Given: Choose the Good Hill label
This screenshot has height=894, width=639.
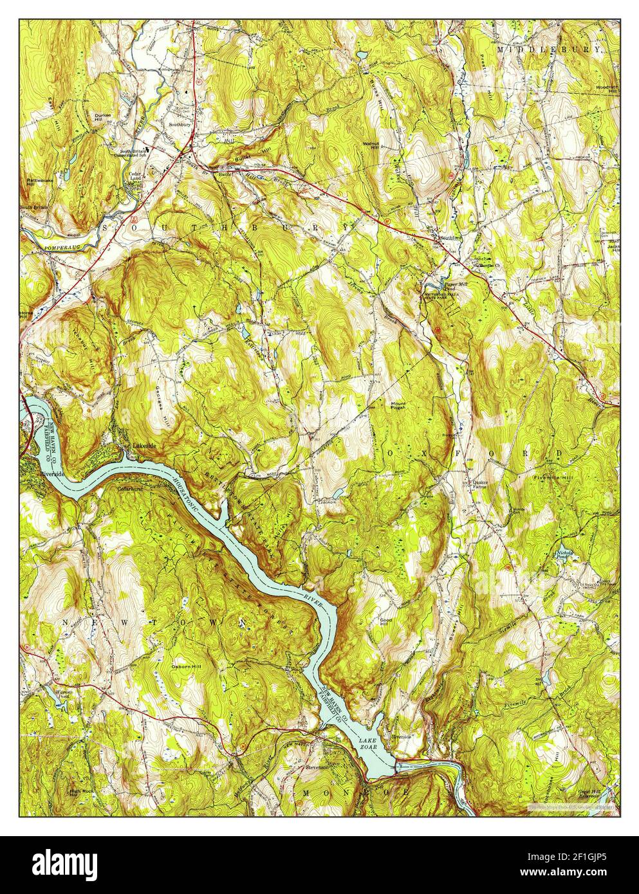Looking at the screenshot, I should pos(386,623).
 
